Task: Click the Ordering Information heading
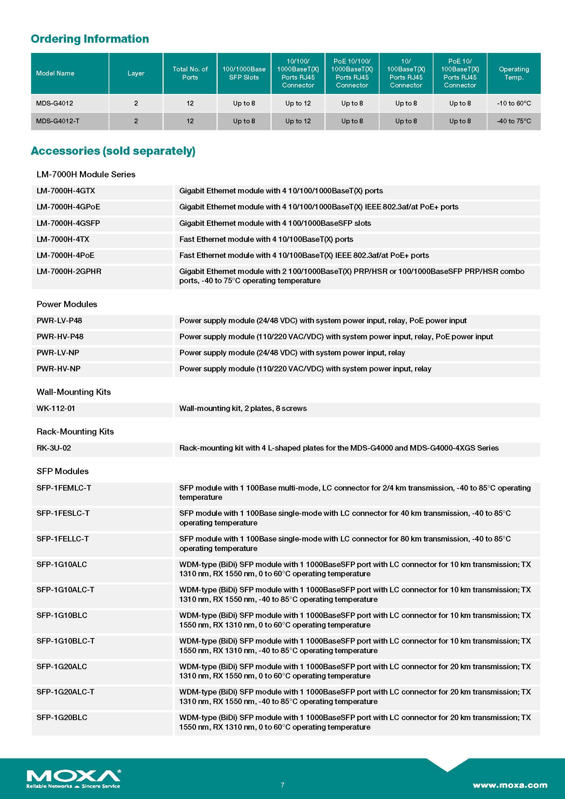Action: pos(90,39)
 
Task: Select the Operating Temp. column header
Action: pos(513,73)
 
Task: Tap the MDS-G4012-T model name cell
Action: pos(58,121)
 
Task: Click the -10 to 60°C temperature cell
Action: pos(513,104)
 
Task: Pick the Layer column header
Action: pos(136,73)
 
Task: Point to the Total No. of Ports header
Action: pos(190,73)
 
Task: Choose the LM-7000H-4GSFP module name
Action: pos(68,223)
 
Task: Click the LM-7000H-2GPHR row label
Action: pos(69,272)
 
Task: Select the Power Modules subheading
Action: pos(67,304)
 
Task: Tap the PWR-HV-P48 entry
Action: pos(60,336)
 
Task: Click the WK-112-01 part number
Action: pos(56,408)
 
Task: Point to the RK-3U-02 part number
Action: pos(54,448)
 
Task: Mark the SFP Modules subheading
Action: pos(63,471)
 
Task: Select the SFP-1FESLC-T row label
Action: pos(63,513)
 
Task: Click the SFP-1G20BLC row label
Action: pos(62,718)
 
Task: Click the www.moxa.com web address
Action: pos(510,785)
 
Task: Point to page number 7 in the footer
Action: pos(282,785)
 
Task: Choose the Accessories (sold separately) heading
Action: pos(113,151)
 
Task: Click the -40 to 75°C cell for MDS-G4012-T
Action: pos(513,121)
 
